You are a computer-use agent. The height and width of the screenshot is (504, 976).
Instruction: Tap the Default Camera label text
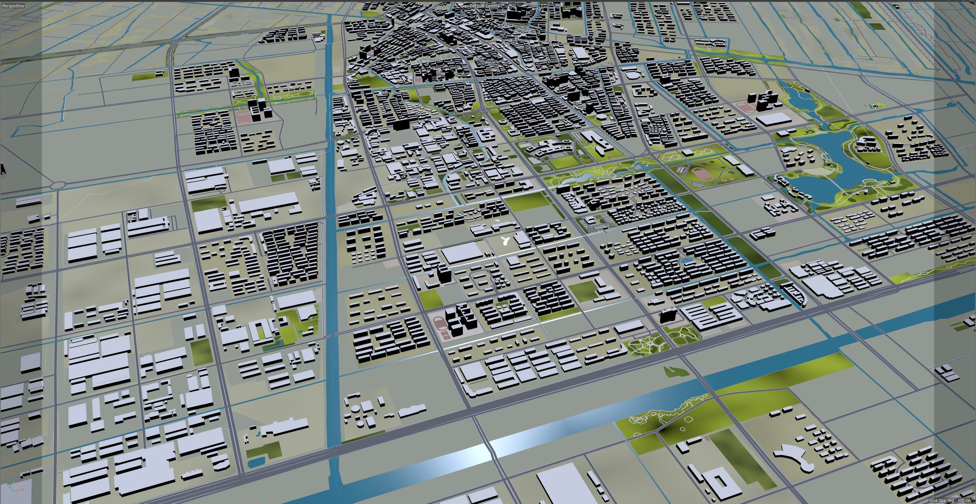[x=485, y=6]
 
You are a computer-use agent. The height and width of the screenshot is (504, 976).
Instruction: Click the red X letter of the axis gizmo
[x=22, y=489]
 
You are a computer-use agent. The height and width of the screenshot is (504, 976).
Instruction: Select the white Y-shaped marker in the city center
[x=505, y=240]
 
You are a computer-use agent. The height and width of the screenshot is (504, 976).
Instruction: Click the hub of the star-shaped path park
[x=650, y=343]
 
